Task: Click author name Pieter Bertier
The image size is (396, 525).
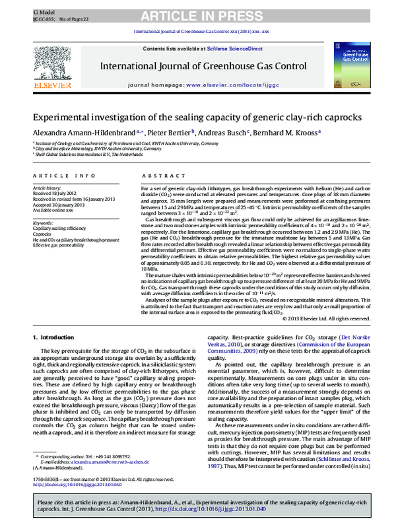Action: point(164,132)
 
